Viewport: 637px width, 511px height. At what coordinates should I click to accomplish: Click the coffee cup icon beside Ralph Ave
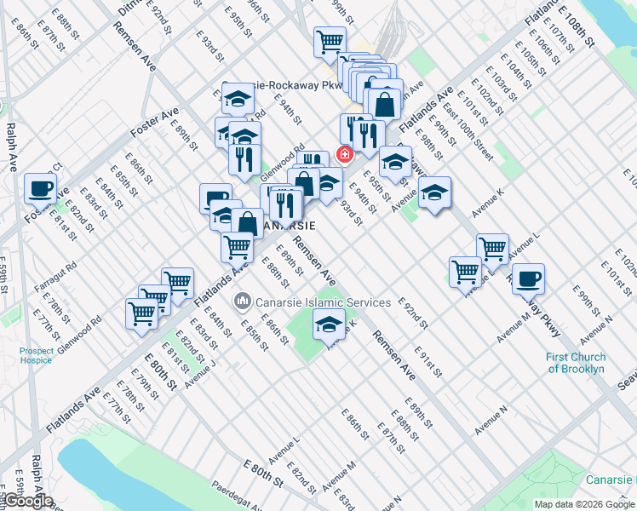[40, 188]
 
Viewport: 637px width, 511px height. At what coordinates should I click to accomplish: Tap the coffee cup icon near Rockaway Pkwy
[528, 278]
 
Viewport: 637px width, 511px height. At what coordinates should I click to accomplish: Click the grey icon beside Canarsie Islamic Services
[242, 302]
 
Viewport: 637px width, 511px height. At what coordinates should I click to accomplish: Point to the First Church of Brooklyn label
[577, 363]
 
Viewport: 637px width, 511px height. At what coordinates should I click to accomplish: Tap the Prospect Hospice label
[37, 355]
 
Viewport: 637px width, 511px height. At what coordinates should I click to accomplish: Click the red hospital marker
[345, 154]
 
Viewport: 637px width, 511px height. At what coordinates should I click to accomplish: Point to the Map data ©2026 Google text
[583, 504]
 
